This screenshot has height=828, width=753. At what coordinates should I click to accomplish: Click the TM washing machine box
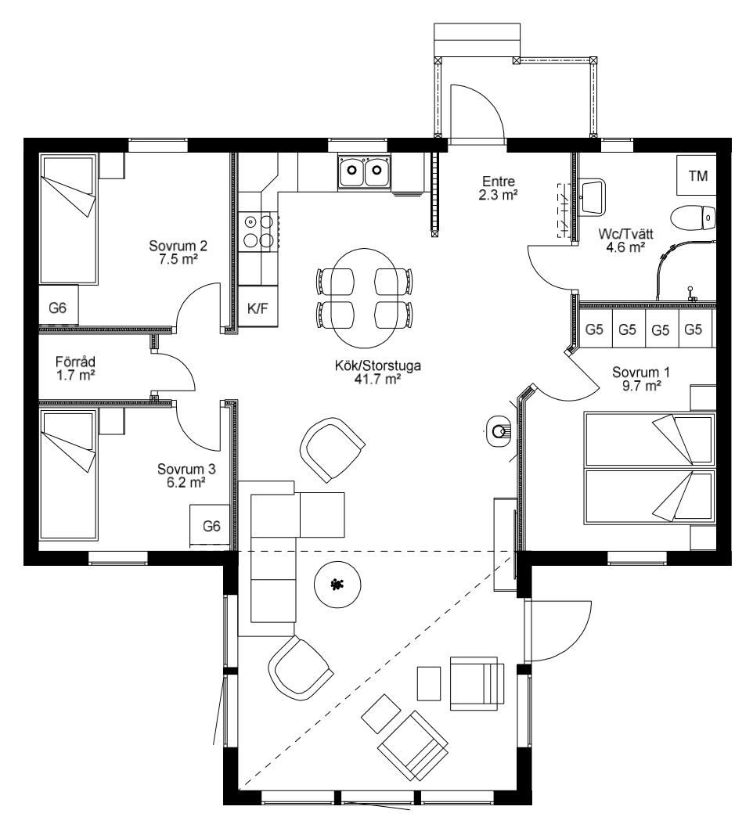(x=697, y=175)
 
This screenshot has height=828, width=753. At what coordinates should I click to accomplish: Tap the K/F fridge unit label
(x=258, y=307)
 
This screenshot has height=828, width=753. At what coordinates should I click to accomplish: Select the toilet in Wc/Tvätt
(x=693, y=217)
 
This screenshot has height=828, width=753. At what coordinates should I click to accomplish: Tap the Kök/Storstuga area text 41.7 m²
(x=377, y=379)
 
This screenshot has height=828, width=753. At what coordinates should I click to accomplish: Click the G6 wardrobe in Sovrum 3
(x=210, y=526)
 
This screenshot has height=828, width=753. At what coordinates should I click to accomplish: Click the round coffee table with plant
(x=337, y=585)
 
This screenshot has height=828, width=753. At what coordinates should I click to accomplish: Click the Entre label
(x=499, y=181)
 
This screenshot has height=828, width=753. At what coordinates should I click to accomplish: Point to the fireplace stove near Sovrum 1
(x=499, y=432)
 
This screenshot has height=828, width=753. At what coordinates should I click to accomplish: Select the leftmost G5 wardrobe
(x=595, y=329)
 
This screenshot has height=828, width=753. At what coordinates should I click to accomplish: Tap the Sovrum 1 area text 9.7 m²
(x=642, y=386)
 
